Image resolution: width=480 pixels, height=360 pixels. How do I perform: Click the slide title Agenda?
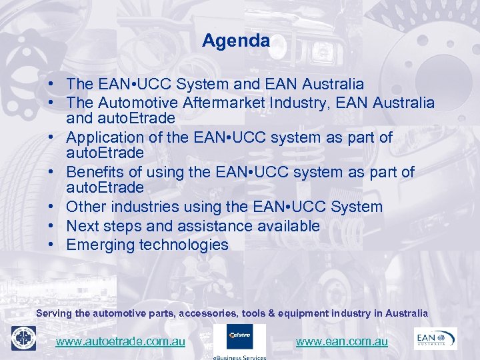236,41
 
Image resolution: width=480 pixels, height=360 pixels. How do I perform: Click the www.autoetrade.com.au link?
120,341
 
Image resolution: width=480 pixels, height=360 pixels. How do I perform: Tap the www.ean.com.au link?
341,341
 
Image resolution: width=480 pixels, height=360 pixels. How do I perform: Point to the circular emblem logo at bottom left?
23,338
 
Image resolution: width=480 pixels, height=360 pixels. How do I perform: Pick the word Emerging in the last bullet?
100,245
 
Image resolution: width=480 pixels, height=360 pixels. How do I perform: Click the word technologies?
183,245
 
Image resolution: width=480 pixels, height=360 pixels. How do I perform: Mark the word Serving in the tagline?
53,313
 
